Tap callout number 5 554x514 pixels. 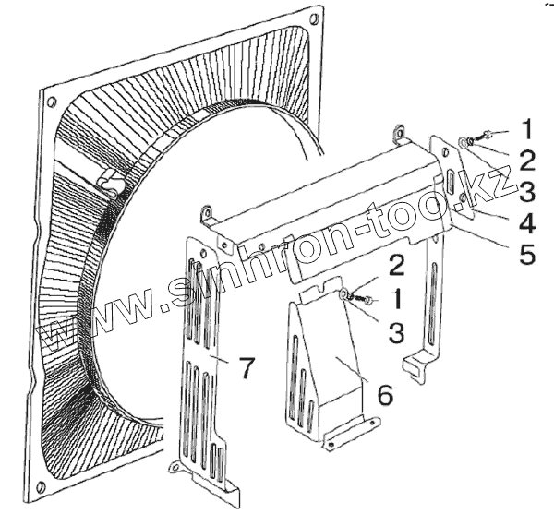pos(527,254)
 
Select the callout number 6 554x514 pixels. pos(384,395)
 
